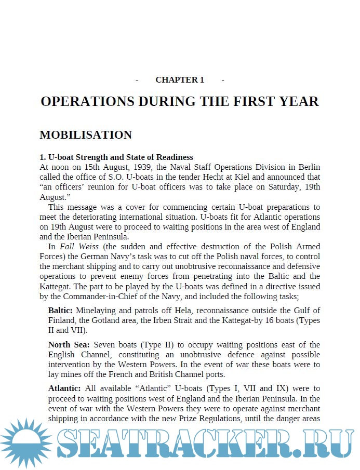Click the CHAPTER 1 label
(x=180, y=80)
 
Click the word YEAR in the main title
(x=298, y=101)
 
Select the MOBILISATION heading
(x=86, y=135)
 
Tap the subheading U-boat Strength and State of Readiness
(x=116, y=157)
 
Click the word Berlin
(x=309, y=167)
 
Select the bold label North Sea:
(x=69, y=345)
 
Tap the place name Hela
(x=184, y=310)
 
